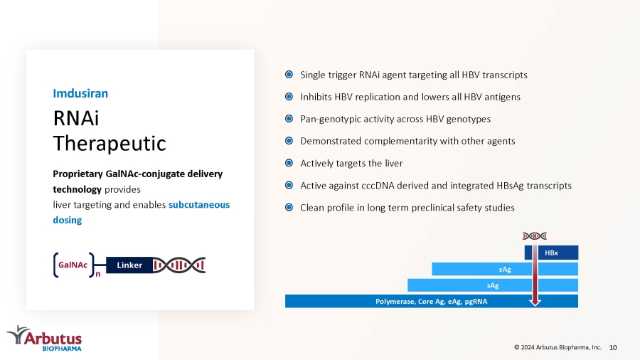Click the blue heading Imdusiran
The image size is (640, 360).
[80, 93]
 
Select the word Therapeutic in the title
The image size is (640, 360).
[110, 143]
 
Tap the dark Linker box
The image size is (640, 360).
[129, 265]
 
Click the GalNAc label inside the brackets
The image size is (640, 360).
[73, 265]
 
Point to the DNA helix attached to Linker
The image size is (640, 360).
[179, 265]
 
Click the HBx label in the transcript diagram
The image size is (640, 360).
[551, 253]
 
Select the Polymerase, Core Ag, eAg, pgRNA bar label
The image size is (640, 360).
[432, 301]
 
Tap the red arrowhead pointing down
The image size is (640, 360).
[535, 302]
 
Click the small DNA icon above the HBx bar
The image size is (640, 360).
[535, 236]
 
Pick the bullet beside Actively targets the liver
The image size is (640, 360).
[289, 163]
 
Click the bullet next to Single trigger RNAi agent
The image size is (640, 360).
[289, 74]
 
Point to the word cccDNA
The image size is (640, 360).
[377, 185]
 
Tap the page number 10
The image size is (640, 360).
[613, 347]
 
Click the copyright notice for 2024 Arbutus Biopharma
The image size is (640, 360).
[558, 347]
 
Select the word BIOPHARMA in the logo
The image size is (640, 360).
[62, 349]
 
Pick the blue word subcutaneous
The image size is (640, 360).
[199, 204]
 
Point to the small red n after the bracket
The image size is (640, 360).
[98, 275]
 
